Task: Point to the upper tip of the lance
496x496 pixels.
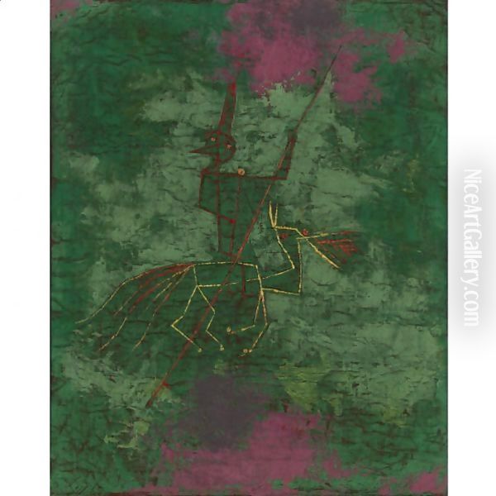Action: point(340,49)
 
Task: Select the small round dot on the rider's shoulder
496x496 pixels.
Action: point(241,172)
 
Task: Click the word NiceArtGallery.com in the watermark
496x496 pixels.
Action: point(472,248)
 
